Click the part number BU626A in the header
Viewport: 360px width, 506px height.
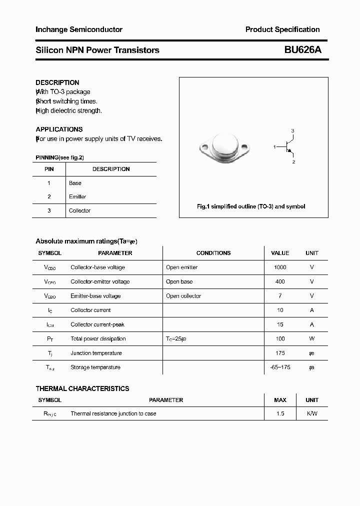point(302,50)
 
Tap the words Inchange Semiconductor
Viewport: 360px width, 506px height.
point(79,29)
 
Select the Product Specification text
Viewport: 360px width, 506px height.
point(282,29)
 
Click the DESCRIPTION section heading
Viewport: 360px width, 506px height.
point(57,82)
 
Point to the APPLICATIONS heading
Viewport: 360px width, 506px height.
point(59,129)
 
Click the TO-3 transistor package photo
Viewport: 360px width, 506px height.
point(223,146)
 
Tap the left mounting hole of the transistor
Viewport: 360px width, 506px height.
point(204,147)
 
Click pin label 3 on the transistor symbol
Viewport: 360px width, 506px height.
point(292,131)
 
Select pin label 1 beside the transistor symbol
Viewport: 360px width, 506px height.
point(274,146)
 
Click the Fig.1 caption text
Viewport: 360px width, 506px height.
point(251,206)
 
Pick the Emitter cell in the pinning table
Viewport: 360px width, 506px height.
point(77,196)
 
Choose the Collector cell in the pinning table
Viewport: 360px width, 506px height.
point(79,210)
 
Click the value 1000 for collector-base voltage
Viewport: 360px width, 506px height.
point(280,267)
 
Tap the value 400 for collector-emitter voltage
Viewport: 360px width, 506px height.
point(280,281)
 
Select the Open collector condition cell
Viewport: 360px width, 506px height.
point(183,296)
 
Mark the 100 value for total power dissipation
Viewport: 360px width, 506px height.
point(280,338)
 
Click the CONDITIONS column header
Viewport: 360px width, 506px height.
point(213,253)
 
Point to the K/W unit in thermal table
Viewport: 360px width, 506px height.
point(312,413)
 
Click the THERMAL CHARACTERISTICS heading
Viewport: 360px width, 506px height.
point(82,388)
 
